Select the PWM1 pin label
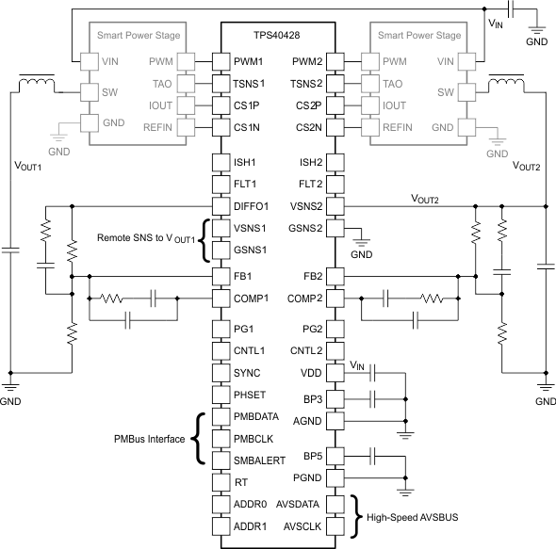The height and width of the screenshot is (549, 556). coord(250,61)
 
